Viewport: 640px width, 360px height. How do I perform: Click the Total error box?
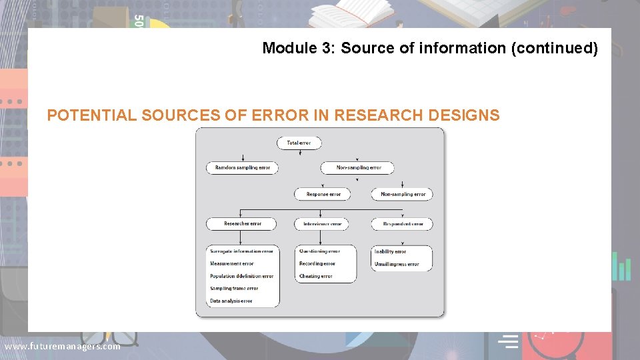[x=299, y=143]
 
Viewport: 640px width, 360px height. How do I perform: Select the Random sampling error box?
[x=242, y=168]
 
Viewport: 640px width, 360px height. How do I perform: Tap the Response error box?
[x=323, y=194]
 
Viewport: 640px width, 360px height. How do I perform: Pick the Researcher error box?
[x=242, y=224]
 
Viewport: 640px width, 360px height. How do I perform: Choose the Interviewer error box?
[x=321, y=224]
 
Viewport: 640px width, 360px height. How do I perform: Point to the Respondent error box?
[x=402, y=224]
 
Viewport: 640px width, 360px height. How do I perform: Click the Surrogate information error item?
[x=241, y=251]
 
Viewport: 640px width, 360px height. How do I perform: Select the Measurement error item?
[x=232, y=264]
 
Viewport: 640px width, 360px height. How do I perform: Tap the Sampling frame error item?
[x=234, y=289]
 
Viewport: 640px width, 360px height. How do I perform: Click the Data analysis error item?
[x=231, y=301]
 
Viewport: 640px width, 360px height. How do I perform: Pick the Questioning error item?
[x=319, y=251]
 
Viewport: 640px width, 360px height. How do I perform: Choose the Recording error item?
[x=317, y=264]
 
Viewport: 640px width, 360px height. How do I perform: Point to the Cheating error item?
[x=315, y=276]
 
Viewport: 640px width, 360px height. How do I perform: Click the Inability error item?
[x=390, y=252]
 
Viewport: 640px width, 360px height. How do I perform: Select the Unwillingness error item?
[x=397, y=265]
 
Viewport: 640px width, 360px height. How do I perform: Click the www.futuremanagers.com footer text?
[x=62, y=346]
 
